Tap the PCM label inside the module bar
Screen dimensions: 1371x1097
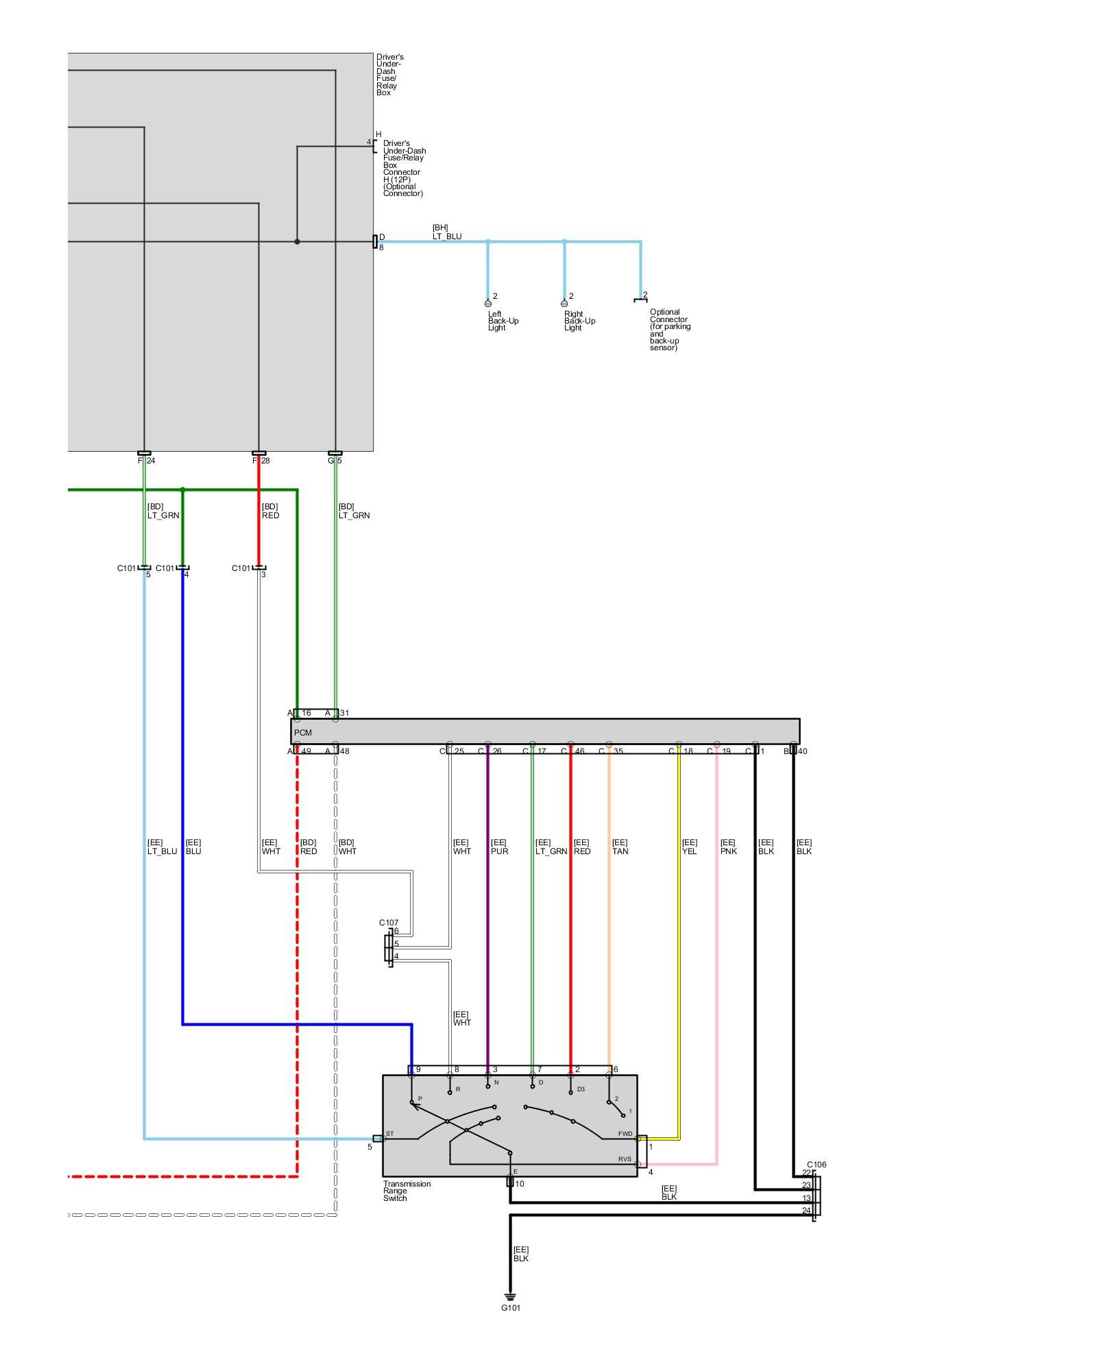click(x=302, y=733)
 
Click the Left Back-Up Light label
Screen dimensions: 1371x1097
click(x=503, y=321)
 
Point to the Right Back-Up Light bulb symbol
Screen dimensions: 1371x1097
click(x=564, y=302)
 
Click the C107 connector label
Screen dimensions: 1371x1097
click(x=389, y=923)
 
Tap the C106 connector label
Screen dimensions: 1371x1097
click(x=817, y=1165)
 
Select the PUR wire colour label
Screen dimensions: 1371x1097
click(x=499, y=851)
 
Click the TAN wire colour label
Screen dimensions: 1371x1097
click(x=620, y=851)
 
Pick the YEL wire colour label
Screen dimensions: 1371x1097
click(x=689, y=851)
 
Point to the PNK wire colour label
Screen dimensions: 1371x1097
click(x=728, y=851)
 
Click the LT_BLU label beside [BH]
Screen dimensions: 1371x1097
click(x=446, y=236)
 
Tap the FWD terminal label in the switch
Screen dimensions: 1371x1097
click(x=625, y=1134)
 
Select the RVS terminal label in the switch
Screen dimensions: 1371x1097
click(x=624, y=1159)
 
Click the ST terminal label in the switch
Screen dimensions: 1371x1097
click(x=389, y=1134)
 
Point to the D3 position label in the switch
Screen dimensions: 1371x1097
click(x=580, y=1089)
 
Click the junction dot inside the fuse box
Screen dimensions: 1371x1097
click(x=297, y=241)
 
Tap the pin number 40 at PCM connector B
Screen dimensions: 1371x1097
click(x=802, y=751)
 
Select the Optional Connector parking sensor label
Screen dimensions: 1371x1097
click(x=669, y=330)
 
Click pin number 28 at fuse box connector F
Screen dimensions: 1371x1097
click(x=265, y=461)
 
